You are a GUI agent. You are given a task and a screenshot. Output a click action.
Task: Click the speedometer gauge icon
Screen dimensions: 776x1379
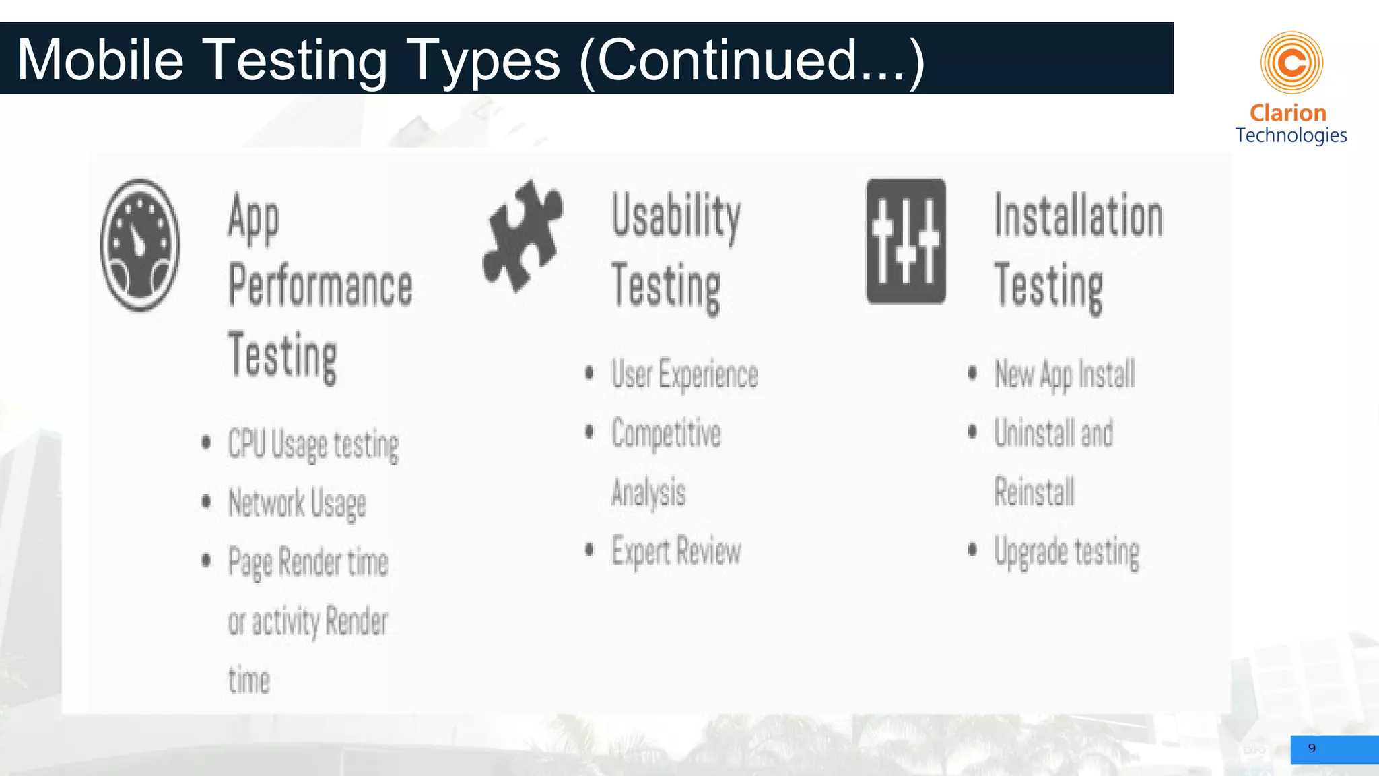139,245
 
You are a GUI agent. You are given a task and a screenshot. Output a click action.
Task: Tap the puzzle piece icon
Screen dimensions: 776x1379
523,236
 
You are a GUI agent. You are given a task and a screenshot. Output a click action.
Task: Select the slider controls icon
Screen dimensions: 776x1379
906,241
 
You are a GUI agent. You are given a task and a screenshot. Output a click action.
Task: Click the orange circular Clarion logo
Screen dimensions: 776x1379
1291,63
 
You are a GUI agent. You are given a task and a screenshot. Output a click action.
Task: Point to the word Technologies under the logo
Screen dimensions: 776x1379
1291,135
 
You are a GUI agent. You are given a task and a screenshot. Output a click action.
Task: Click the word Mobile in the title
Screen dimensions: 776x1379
100,60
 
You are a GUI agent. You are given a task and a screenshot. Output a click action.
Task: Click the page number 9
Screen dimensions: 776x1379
1312,748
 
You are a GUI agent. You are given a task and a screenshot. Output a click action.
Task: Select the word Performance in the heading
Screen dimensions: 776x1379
321,286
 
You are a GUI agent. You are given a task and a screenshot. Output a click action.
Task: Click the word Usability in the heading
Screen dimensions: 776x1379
676,217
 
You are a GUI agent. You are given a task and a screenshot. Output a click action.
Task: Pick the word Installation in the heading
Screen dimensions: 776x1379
1079,217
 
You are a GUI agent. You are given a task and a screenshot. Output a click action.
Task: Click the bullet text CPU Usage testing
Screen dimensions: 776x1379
313,445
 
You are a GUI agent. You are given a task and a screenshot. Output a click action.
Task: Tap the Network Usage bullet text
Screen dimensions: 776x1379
297,504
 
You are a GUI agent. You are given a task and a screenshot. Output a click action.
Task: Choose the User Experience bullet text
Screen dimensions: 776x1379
684,375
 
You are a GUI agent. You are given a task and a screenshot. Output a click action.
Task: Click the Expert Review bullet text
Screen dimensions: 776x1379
676,552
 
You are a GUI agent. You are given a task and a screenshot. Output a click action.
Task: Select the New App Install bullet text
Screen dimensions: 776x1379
1065,375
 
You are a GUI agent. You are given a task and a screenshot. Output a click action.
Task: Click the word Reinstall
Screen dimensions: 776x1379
1034,492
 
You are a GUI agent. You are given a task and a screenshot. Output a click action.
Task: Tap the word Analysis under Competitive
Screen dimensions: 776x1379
648,492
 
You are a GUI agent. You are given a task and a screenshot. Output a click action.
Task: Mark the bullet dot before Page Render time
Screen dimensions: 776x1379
206,560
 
